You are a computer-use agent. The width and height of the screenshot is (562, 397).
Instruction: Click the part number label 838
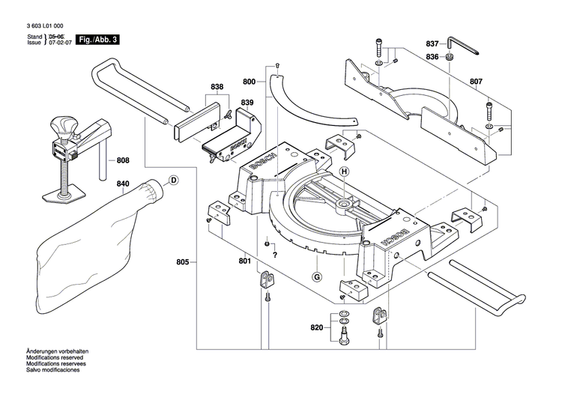(x=217, y=88)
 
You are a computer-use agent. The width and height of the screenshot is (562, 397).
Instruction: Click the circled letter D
(x=173, y=180)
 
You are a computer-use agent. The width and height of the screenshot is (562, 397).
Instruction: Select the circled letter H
(x=345, y=172)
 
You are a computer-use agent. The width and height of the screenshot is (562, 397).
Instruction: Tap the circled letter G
(x=317, y=278)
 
